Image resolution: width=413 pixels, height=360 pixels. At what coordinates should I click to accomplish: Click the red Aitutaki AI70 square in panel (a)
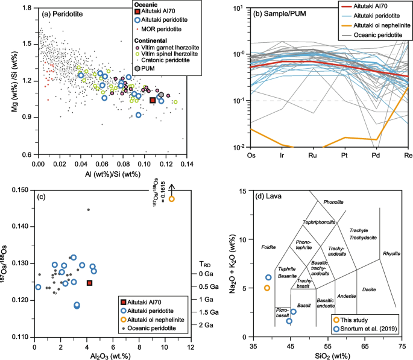point(153,100)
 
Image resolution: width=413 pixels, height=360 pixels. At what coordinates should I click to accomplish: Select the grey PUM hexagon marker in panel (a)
point(161,95)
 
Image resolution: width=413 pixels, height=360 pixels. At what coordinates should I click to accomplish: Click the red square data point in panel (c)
point(89,283)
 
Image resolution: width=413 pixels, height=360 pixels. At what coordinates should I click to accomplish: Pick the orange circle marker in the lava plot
point(267,288)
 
